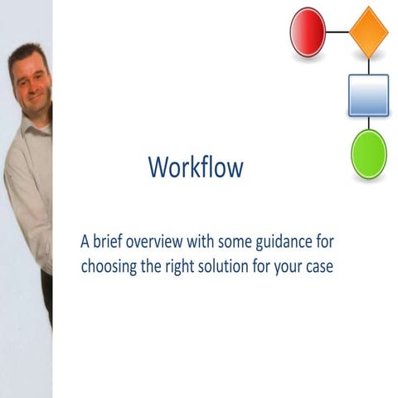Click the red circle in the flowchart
pos(307,32)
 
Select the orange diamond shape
pos(369,32)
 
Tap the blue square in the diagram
pos(368,95)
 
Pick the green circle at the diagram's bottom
pos(368,155)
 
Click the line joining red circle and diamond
pos(337,32)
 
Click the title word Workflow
pos(196,167)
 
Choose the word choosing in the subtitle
pos(109,269)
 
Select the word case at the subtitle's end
pos(317,270)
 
